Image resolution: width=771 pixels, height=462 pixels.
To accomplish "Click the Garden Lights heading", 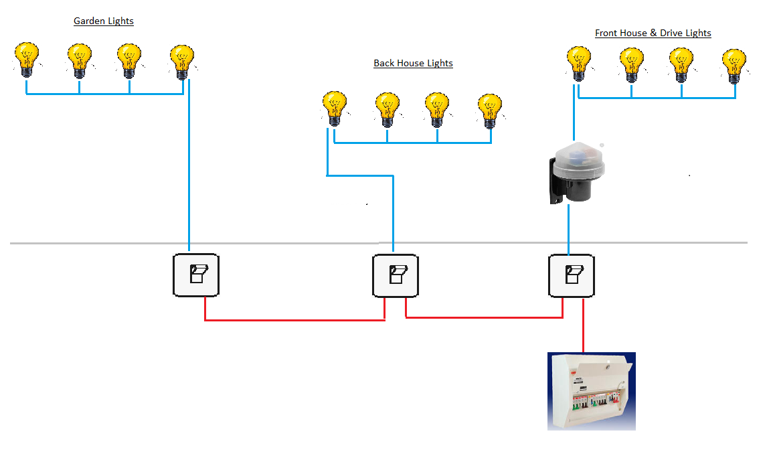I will [x=103, y=21].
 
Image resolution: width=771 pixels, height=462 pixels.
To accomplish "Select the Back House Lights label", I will [x=413, y=64].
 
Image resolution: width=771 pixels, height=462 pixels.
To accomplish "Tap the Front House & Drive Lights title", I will [x=653, y=33].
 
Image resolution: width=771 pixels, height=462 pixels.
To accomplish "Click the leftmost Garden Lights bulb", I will [x=27, y=58].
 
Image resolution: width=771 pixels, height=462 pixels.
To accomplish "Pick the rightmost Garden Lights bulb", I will [x=181, y=60].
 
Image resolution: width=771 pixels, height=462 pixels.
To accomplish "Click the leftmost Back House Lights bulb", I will [x=334, y=107].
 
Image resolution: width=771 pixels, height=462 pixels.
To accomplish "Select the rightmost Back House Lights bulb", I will [x=490, y=109].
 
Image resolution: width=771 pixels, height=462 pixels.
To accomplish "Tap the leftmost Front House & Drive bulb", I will [x=578, y=62].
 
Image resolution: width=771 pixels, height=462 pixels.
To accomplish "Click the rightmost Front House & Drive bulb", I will [x=734, y=64].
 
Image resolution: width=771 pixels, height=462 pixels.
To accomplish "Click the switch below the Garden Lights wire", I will [x=195, y=275].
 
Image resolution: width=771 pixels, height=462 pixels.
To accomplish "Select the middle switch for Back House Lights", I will [x=395, y=275].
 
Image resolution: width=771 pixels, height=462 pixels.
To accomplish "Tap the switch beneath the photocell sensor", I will [x=571, y=275].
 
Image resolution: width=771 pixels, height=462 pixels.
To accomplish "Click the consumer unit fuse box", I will [x=591, y=391].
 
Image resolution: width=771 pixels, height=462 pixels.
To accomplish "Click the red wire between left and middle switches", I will [x=294, y=320].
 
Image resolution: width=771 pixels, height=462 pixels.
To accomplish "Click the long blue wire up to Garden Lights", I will [x=189, y=167].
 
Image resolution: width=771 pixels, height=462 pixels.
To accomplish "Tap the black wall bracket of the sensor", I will [x=555, y=181].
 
